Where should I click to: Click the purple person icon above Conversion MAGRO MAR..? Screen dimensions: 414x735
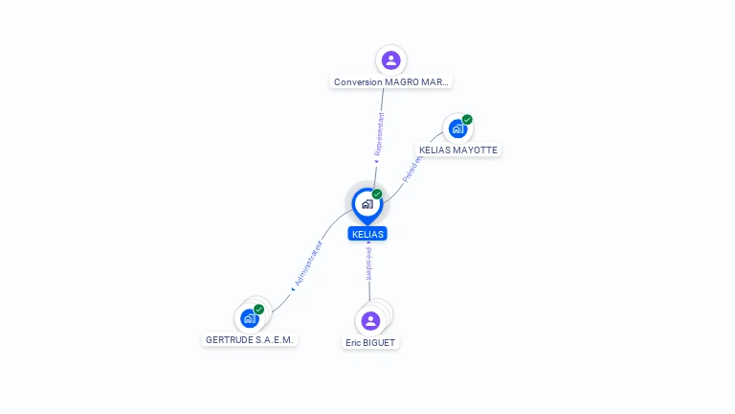[390, 60]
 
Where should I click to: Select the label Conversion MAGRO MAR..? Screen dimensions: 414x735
[390, 82]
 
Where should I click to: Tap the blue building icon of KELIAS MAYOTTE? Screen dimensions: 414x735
[458, 128]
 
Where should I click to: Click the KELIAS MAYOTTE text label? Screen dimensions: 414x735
[459, 150]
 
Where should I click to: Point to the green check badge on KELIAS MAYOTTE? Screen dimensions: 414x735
[467, 120]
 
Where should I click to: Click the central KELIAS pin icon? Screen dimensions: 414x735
[367, 203]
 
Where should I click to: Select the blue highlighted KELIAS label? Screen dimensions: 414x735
[367, 234]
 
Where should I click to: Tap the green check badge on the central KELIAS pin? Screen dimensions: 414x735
[377, 194]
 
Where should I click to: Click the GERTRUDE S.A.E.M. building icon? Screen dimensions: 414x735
[250, 318]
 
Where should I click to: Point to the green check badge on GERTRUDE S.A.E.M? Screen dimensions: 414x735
[258, 309]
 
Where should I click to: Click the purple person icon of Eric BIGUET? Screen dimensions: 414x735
[371, 320]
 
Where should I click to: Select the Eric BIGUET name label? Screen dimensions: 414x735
[371, 342]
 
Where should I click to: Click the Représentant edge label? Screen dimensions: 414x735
[380, 134]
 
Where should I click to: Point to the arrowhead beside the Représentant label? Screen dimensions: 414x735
[376, 161]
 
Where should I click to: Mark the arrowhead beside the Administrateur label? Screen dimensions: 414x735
[292, 288]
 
